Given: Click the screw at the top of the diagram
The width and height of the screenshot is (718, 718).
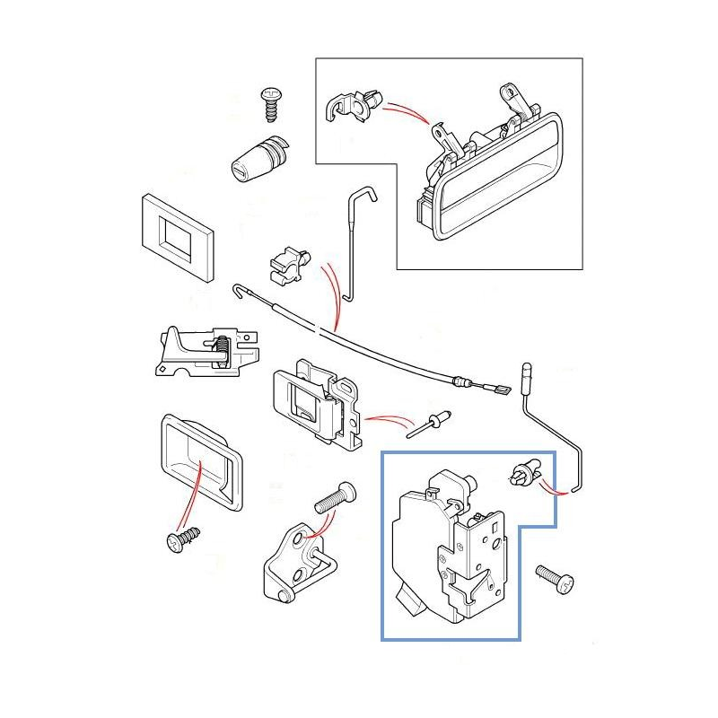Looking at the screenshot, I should click(x=271, y=103).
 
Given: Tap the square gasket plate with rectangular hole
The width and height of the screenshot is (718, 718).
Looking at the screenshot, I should click(x=178, y=236).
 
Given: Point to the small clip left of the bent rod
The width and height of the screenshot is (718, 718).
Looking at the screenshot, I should click(x=289, y=265).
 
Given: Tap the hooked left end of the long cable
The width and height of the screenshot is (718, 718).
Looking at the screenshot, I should click(x=240, y=290).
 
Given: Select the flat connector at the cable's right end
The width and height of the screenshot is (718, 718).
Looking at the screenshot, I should click(x=498, y=390).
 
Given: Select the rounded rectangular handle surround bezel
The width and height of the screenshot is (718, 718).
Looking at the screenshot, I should click(x=199, y=462).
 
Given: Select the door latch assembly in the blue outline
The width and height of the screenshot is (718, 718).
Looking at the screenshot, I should click(x=453, y=547).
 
